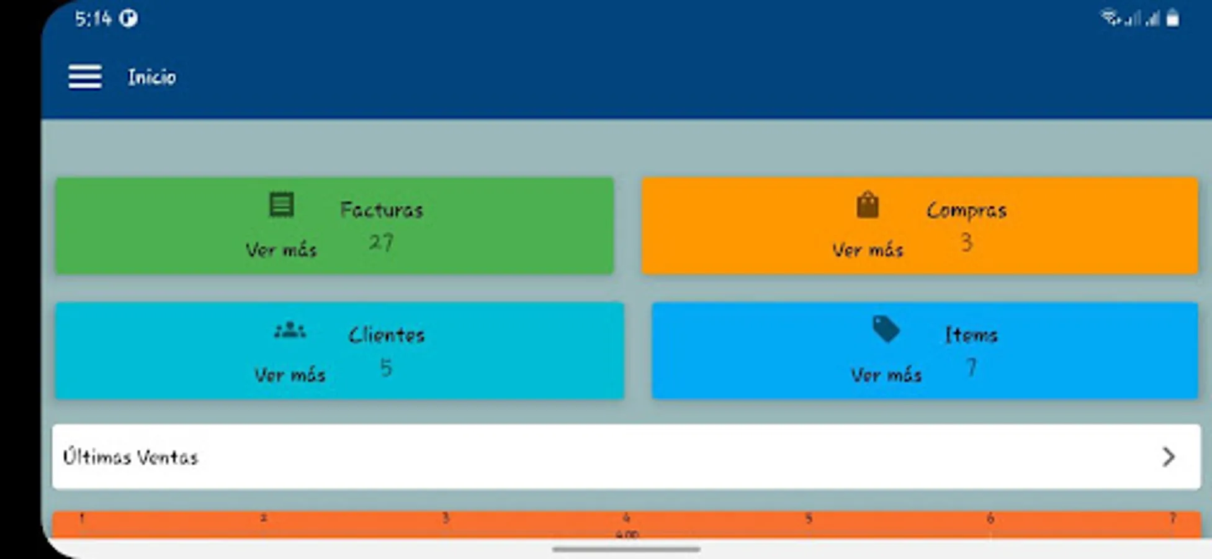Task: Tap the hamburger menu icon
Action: (x=85, y=77)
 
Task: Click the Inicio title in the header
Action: (x=152, y=77)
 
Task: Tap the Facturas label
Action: (x=382, y=210)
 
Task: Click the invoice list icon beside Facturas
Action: (x=281, y=205)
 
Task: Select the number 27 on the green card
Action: (x=381, y=242)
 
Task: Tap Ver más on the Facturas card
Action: (x=281, y=250)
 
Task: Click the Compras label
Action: (x=966, y=211)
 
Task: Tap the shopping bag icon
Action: (x=868, y=205)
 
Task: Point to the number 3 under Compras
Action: (x=966, y=242)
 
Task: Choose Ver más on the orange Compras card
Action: (x=868, y=250)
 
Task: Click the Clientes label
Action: (x=387, y=335)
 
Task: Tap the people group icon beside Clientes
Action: (x=290, y=330)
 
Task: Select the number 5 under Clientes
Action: (x=386, y=368)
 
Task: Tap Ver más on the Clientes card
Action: (x=290, y=375)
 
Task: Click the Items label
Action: (x=971, y=335)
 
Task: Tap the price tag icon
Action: (x=886, y=329)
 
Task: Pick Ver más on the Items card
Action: (x=886, y=375)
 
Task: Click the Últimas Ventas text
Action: (x=130, y=458)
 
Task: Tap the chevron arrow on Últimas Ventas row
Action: (x=1169, y=457)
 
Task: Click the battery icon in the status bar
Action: (x=1172, y=19)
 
